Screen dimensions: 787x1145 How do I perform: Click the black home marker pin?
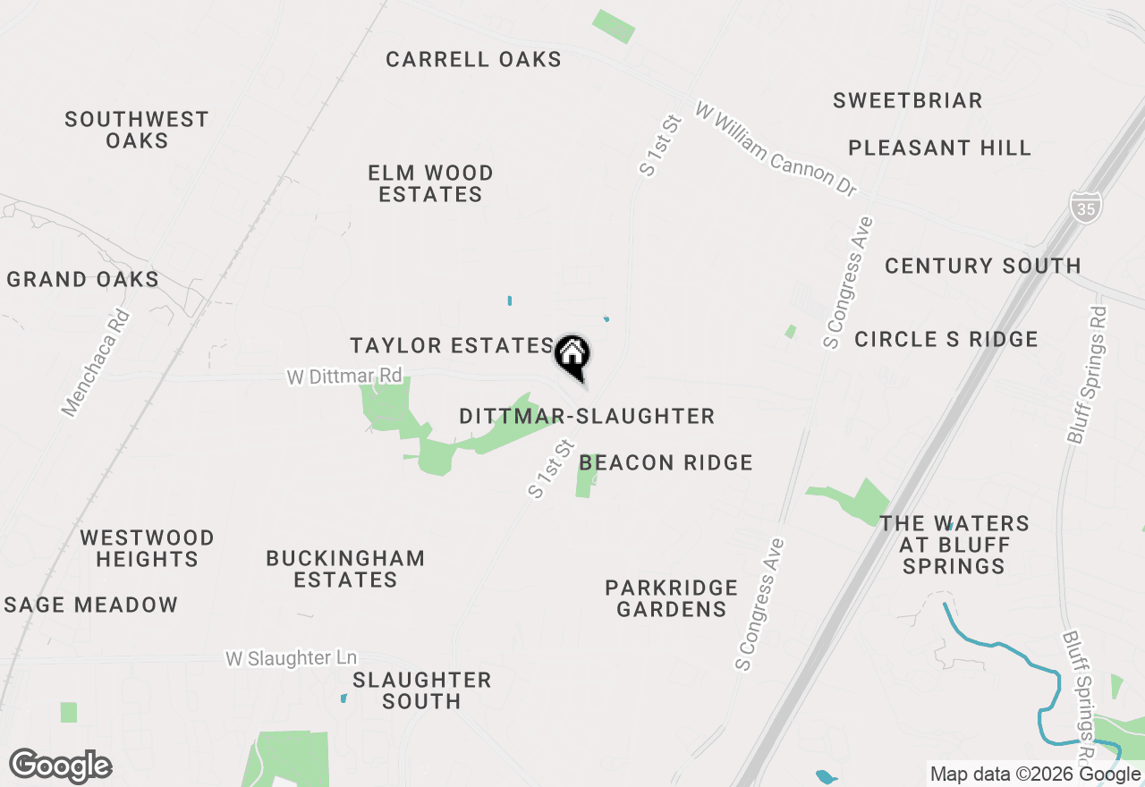tap(572, 356)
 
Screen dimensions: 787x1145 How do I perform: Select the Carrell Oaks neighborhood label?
tap(474, 60)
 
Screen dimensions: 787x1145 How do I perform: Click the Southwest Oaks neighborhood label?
tap(137, 130)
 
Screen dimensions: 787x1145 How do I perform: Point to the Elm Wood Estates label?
tap(431, 183)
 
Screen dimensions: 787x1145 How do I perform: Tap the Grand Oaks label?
tap(83, 280)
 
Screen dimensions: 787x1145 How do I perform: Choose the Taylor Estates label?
tap(452, 346)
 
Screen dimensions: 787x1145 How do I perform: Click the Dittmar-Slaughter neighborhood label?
tap(587, 416)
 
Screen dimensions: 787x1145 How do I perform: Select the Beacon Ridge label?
tap(666, 462)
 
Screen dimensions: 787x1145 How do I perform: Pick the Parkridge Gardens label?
tap(672, 598)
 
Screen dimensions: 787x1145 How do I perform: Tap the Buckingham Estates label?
tap(345, 569)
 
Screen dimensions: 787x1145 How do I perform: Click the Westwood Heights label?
tap(147, 548)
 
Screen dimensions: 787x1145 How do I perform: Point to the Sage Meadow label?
tap(91, 605)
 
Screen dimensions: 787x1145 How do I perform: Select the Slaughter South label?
tap(422, 690)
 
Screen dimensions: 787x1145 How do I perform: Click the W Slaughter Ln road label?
tap(292, 658)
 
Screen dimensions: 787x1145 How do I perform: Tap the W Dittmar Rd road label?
tap(344, 377)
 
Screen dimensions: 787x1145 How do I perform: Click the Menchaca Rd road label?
tap(96, 363)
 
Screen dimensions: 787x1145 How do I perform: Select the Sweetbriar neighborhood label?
tap(908, 100)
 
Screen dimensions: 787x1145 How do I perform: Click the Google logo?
tap(61, 766)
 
